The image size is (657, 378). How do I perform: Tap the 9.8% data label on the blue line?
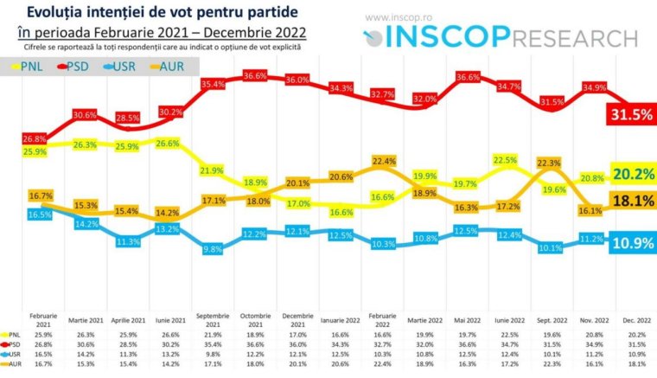[x=214, y=248]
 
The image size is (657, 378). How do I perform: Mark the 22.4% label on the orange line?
[x=383, y=161]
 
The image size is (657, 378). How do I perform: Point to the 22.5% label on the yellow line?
[x=504, y=159]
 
